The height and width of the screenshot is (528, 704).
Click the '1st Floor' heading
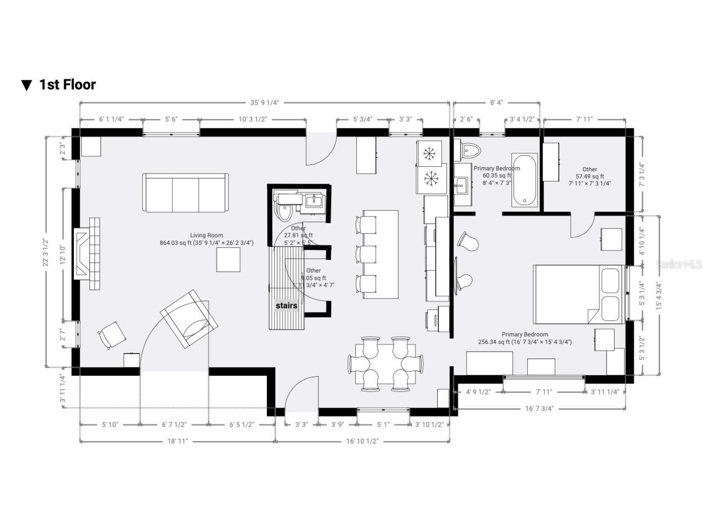click(x=67, y=84)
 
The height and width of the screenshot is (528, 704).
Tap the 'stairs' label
click(x=286, y=305)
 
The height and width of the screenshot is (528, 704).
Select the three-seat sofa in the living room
click(x=185, y=193)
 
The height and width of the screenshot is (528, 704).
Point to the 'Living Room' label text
click(x=206, y=235)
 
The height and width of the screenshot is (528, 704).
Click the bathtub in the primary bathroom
click(x=524, y=180)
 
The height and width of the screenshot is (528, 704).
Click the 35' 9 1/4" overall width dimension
click(x=264, y=103)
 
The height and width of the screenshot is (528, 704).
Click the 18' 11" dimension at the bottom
click(x=177, y=441)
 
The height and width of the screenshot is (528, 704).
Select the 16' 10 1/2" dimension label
click(x=362, y=441)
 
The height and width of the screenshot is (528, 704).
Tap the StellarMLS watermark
click(x=679, y=265)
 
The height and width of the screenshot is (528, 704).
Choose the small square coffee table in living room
click(x=228, y=259)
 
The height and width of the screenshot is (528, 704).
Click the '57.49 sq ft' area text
click(x=589, y=177)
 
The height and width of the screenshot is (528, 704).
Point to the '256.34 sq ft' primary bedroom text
click(x=525, y=342)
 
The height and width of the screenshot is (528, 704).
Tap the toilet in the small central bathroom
click(x=283, y=211)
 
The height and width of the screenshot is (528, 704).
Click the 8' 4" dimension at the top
click(x=496, y=103)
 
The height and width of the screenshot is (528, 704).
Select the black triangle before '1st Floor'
click(x=27, y=85)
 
